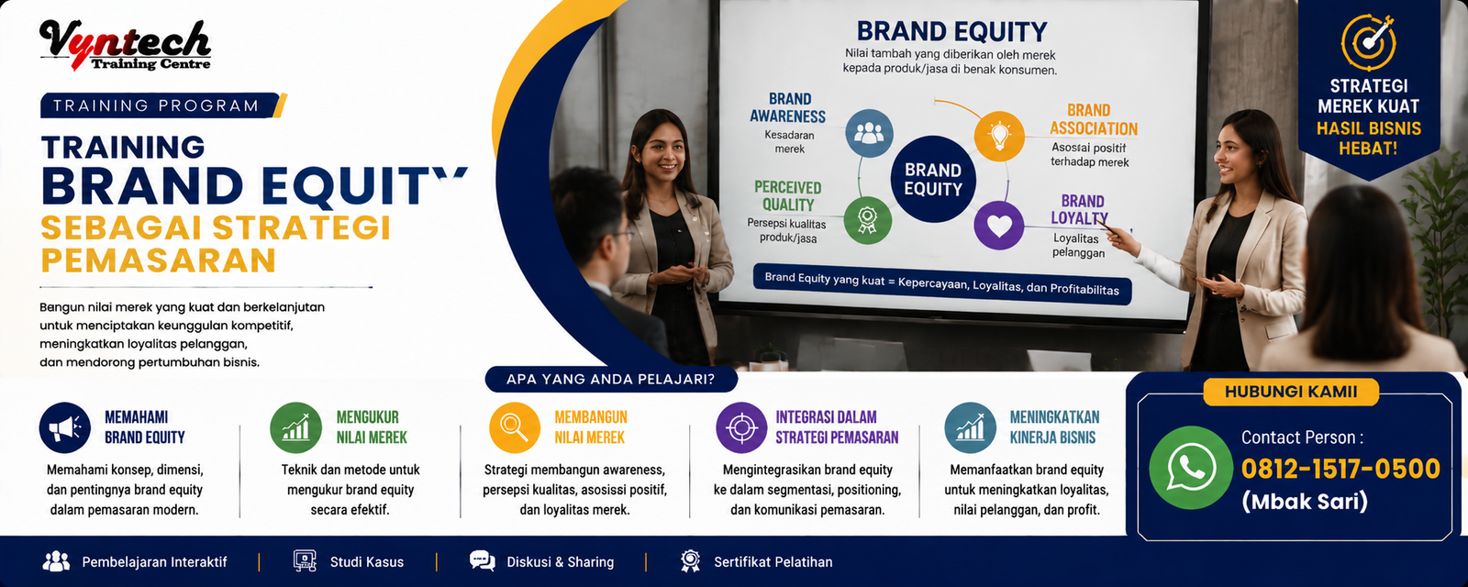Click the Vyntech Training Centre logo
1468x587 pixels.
125,45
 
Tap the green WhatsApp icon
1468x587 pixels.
1191,468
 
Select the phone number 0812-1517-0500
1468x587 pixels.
1340,469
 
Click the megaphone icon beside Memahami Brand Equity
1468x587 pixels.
65,427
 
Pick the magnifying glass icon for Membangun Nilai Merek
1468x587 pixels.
515,427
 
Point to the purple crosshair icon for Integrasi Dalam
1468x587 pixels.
741,427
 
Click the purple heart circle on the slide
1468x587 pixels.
999,226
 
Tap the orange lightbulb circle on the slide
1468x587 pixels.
999,136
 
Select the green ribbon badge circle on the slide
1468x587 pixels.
868,220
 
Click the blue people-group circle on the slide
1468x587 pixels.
869,134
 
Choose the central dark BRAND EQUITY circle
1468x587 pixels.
933,180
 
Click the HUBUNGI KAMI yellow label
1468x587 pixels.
1291,392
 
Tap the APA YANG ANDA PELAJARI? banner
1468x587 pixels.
611,380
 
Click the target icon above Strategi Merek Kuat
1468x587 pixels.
1368,42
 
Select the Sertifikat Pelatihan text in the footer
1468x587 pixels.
773,562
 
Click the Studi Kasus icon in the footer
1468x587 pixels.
305,560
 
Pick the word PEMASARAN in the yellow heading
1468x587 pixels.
159,260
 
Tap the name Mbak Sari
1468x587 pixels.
1305,502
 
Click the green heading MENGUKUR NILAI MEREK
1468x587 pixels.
372,427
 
